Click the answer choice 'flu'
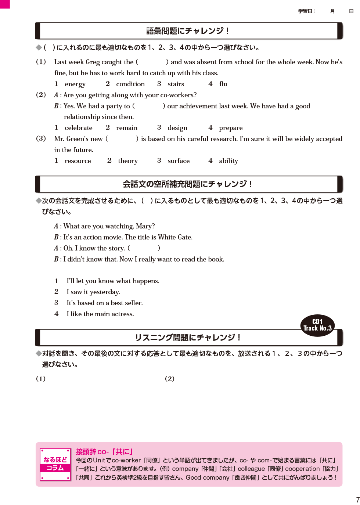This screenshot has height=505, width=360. tap(223, 84)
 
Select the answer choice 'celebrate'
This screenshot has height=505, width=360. tap(78, 128)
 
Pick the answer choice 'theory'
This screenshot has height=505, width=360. tap(127, 161)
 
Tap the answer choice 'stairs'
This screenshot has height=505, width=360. tap(176, 84)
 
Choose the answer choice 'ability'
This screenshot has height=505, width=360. tap(228, 161)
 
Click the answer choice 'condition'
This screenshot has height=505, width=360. tap(130, 84)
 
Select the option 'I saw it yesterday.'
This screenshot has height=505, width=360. tap(93, 292)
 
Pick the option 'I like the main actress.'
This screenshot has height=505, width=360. tap(100, 314)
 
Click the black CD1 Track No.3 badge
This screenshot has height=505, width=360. tap(317, 325)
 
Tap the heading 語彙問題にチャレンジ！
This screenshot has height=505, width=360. tap(188, 31)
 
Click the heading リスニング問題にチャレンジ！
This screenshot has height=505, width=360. tap(188, 338)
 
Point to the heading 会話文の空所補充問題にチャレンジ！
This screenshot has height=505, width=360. tap(188, 184)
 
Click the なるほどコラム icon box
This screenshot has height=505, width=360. tap(55, 464)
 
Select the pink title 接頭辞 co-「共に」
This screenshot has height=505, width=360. tap(104, 452)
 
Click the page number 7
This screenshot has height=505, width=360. tap(357, 500)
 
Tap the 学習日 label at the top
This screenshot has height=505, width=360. tap(306, 11)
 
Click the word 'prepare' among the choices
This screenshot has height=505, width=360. tap(231, 128)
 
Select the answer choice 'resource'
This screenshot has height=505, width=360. tap(78, 161)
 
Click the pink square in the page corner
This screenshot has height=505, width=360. tap(5, 4)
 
